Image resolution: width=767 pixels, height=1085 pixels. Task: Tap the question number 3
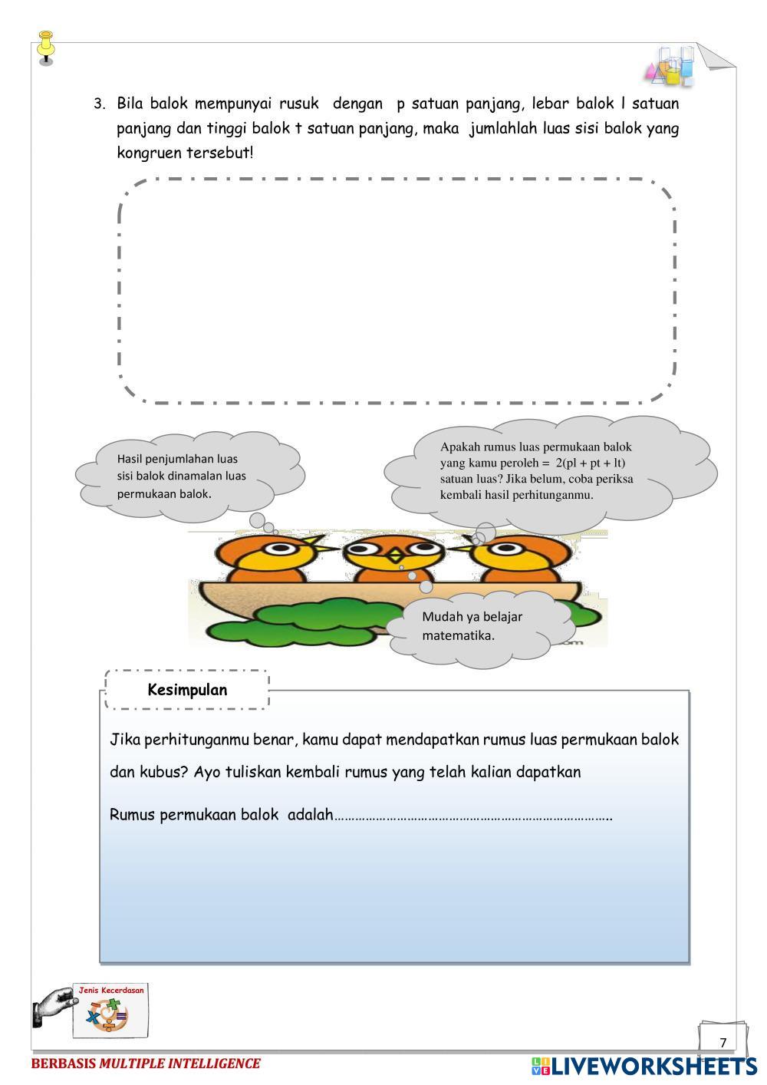click(98, 104)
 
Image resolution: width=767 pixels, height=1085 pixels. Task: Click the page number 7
click(723, 1042)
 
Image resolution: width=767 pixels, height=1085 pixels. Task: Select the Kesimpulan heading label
click(187, 690)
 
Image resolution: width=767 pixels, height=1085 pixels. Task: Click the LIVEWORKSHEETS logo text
click(653, 1066)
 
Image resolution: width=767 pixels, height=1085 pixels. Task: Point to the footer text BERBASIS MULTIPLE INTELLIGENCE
click(146, 1064)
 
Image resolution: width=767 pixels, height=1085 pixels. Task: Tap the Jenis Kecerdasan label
click(111, 991)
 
